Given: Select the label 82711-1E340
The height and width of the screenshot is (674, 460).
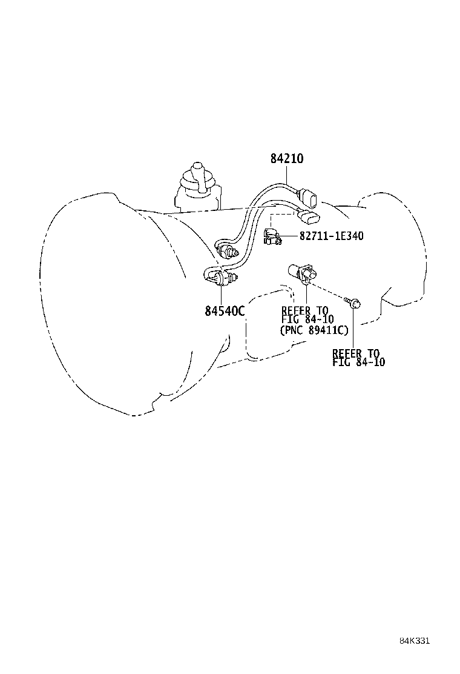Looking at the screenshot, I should pyautogui.click(x=331, y=236).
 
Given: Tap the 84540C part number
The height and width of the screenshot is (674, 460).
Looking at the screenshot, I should pyautogui.click(x=224, y=311).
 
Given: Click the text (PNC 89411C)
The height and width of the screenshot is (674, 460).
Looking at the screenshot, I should pyautogui.click(x=314, y=330).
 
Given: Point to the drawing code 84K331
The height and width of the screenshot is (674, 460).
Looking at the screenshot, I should pyautogui.click(x=414, y=641).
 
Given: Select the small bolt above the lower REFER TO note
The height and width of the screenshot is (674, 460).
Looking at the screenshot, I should pyautogui.click(x=354, y=301).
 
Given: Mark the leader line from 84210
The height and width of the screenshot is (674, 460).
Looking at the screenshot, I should pyautogui.click(x=287, y=175).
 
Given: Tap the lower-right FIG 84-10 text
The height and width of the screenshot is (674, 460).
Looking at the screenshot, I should pyautogui.click(x=358, y=362).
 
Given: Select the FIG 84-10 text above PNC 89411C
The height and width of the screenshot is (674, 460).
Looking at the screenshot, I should pyautogui.click(x=307, y=320).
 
